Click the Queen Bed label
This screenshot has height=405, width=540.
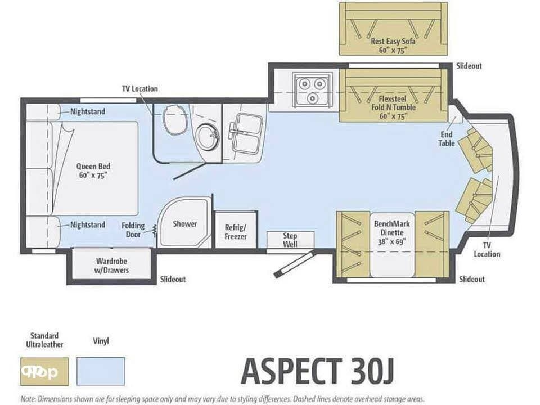point(93,170)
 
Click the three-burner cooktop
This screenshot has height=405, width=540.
point(312,89)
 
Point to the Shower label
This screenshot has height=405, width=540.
point(185,224)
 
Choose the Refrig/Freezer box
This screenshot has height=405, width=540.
point(236,230)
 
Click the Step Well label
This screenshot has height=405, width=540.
point(290,240)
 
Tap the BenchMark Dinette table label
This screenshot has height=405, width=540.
point(392,232)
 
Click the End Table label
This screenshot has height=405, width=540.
point(446,138)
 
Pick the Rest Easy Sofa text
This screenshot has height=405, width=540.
point(393,41)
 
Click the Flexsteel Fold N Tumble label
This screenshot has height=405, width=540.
point(393,103)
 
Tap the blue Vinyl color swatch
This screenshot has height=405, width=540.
point(101,371)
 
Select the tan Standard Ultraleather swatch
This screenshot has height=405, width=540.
point(44,371)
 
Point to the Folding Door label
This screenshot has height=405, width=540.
point(133,229)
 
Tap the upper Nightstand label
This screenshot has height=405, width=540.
point(88,111)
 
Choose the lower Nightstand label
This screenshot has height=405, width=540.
point(88,225)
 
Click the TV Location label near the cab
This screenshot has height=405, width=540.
point(487,249)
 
